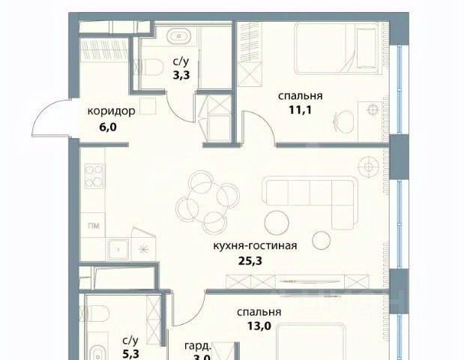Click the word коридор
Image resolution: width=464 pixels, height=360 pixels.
point(111,112)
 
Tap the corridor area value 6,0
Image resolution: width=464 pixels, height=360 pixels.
point(107,127)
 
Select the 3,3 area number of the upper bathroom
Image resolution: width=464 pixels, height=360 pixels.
point(181,74)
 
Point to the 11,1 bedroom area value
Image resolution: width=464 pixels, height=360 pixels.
point(300,110)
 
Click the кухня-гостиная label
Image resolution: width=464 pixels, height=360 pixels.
point(255,246)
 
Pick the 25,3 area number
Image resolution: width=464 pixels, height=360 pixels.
point(250,261)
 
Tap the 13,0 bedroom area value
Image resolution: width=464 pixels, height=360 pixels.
point(259,326)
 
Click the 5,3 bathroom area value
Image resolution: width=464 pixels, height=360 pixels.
point(130,353)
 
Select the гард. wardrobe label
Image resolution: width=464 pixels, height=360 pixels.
point(198,346)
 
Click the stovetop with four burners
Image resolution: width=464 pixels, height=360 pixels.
point(94,175)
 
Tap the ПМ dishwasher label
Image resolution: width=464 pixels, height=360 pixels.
point(94,226)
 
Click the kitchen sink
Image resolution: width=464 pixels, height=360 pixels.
point(118,250)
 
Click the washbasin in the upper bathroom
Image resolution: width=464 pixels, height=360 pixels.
point(179,36)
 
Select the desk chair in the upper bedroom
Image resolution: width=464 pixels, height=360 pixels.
point(344,121)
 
